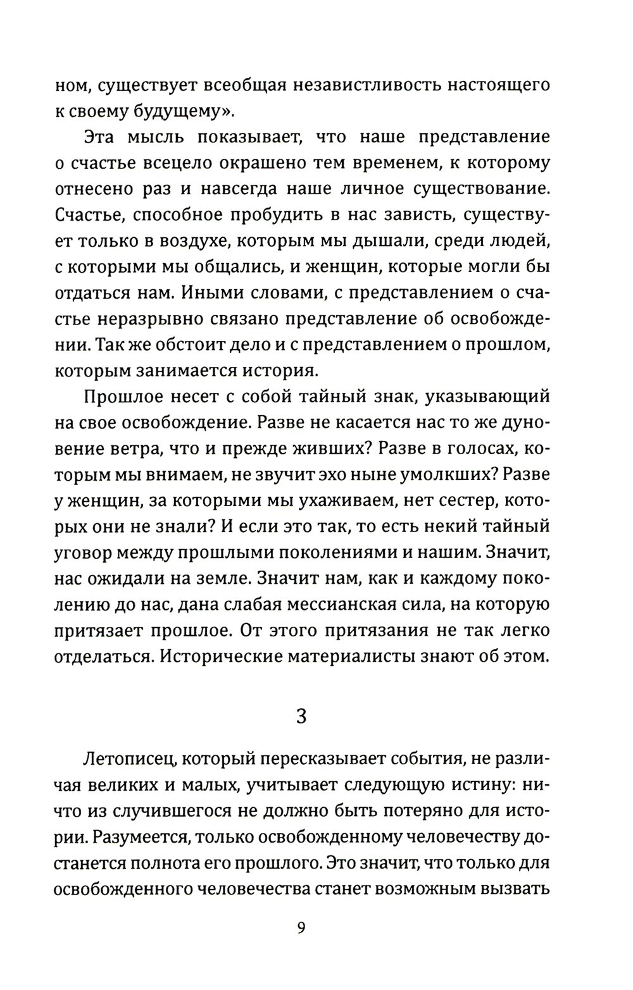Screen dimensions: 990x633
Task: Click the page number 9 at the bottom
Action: coord(301,928)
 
